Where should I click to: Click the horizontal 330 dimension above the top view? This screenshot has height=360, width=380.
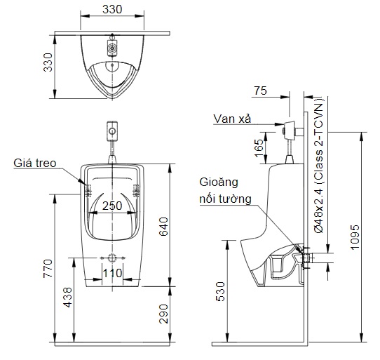point(112,9)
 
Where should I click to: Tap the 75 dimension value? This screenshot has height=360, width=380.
point(260,91)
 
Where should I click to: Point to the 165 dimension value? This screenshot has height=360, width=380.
point(259,147)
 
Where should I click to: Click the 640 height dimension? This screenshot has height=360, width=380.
point(183,226)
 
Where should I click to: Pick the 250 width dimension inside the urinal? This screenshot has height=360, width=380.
point(112,206)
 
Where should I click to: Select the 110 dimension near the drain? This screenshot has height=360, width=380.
point(113,272)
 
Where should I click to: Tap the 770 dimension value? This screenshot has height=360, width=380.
point(47,269)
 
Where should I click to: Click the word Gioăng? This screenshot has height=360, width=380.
point(218,182)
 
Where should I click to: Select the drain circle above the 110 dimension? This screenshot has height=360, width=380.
point(112,256)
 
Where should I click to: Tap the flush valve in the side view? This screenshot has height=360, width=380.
point(290,129)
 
